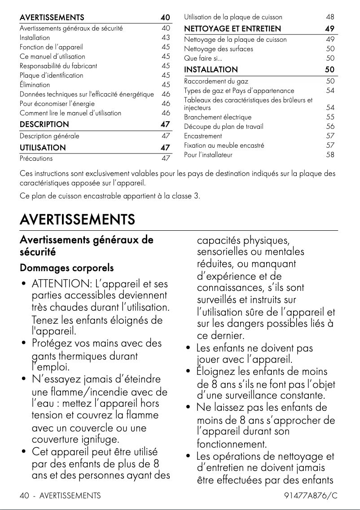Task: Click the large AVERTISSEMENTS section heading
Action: (x=77, y=220)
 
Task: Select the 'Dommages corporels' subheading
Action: (x=66, y=268)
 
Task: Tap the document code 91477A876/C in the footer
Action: (x=311, y=496)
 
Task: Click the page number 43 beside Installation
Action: (x=166, y=37)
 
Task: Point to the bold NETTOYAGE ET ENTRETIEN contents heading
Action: (x=233, y=29)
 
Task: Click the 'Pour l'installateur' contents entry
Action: (x=208, y=155)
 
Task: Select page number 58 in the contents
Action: (x=330, y=155)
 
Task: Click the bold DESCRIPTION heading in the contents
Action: (x=44, y=124)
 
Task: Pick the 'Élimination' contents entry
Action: (x=35, y=84)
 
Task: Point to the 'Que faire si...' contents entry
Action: (x=203, y=58)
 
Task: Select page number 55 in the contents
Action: (x=330, y=117)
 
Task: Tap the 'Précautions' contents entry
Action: (x=36, y=158)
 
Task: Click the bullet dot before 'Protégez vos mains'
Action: (x=23, y=344)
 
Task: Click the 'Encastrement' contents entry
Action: (x=203, y=136)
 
